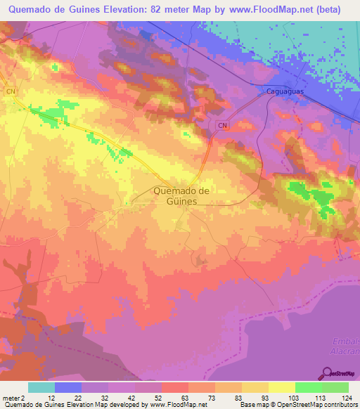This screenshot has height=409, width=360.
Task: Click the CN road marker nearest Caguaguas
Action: tap(222, 125)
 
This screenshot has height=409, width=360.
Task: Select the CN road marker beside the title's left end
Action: tap(11, 91)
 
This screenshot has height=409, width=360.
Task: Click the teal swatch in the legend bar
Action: tap(41, 387)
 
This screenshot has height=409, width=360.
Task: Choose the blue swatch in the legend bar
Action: tap(68, 387)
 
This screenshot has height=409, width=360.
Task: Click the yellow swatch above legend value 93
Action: tap(255, 387)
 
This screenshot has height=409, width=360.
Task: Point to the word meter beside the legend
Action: tap(11, 398)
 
